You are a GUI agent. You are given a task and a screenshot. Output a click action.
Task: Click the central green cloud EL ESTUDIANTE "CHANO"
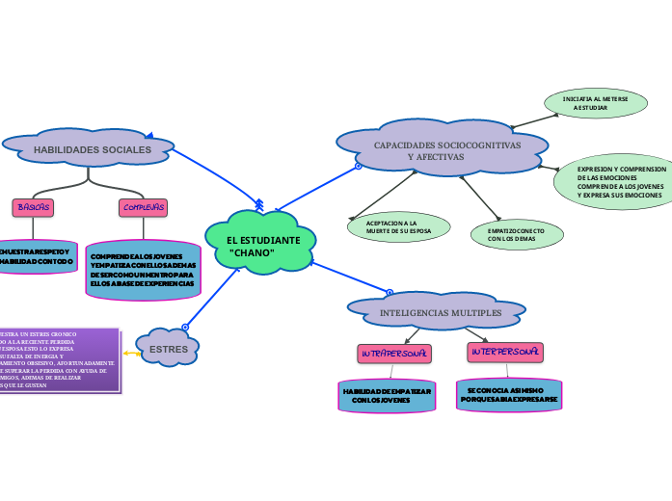tap(260, 245)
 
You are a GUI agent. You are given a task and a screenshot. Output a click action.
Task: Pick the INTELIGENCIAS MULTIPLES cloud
tap(440, 312)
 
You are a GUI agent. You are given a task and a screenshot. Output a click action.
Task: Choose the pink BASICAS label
tap(33, 207)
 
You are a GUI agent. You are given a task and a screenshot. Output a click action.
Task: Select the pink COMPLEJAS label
tap(144, 207)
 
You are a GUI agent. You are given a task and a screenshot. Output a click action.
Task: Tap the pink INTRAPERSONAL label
tap(393, 354)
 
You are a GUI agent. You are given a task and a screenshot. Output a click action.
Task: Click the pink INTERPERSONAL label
tap(505, 353)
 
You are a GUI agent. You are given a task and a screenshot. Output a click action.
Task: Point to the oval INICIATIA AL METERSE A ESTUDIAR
tap(589, 103)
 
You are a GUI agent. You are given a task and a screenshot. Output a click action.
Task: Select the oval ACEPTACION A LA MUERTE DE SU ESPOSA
tap(398, 226)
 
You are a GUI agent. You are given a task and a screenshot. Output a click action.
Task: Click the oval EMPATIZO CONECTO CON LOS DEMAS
tap(517, 234)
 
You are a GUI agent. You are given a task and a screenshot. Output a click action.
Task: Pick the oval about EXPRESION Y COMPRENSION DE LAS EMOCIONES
tap(615, 180)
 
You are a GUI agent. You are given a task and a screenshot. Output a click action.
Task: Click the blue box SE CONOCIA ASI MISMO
tap(506, 394)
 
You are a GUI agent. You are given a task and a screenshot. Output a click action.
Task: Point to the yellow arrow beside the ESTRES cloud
tap(130, 354)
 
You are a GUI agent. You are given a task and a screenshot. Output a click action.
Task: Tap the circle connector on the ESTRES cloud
tap(186, 328)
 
